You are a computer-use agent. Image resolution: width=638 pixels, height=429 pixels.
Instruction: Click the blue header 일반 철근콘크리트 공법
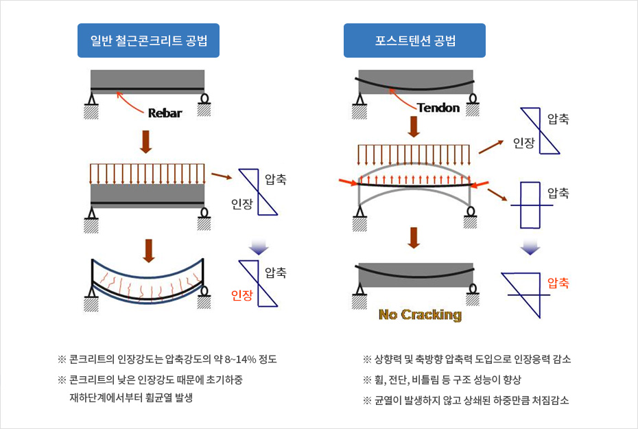click(x=148, y=40)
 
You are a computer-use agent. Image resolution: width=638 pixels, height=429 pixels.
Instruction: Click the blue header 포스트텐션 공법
click(x=414, y=40)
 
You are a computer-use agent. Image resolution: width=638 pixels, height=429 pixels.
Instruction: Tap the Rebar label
click(x=165, y=113)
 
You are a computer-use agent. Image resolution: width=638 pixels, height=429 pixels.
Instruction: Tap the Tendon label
click(x=438, y=108)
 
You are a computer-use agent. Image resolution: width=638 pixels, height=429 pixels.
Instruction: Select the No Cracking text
click(x=420, y=314)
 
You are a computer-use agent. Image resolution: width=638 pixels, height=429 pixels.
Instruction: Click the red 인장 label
click(x=242, y=295)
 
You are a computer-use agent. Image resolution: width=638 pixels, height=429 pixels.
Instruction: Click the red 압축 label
click(x=558, y=283)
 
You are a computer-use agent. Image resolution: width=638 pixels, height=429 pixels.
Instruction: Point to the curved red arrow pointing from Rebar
click(x=130, y=102)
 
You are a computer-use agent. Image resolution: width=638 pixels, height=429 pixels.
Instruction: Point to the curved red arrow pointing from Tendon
click(x=402, y=99)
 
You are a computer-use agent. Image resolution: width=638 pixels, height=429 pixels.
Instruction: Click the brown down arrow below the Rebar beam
click(x=145, y=141)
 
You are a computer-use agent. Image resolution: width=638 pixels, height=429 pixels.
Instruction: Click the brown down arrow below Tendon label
click(x=414, y=127)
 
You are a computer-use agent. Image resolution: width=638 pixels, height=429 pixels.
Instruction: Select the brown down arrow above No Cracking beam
click(x=414, y=237)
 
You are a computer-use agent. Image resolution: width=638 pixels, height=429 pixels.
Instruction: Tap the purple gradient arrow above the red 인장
click(x=259, y=247)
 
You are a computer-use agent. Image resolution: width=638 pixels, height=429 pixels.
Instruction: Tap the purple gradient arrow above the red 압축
click(x=530, y=247)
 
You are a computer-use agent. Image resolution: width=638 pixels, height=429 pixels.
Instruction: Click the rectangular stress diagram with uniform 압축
click(x=530, y=205)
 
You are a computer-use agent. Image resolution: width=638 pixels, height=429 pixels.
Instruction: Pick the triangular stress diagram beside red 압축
click(x=525, y=294)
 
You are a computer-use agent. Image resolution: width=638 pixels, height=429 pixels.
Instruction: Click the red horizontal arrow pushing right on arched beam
click(x=348, y=182)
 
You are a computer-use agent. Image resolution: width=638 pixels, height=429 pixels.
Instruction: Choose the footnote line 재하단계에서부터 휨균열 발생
click(x=130, y=397)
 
